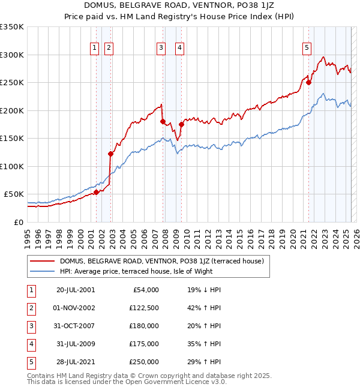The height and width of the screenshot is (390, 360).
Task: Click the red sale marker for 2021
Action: point(309,83)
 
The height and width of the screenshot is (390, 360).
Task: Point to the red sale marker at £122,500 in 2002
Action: point(110,154)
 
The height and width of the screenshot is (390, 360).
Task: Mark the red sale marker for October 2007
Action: point(163,122)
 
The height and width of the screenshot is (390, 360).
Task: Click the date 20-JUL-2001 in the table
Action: point(75,290)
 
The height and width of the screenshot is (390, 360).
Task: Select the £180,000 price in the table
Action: point(144,326)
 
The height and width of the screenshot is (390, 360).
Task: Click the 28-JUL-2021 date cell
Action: point(75,362)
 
